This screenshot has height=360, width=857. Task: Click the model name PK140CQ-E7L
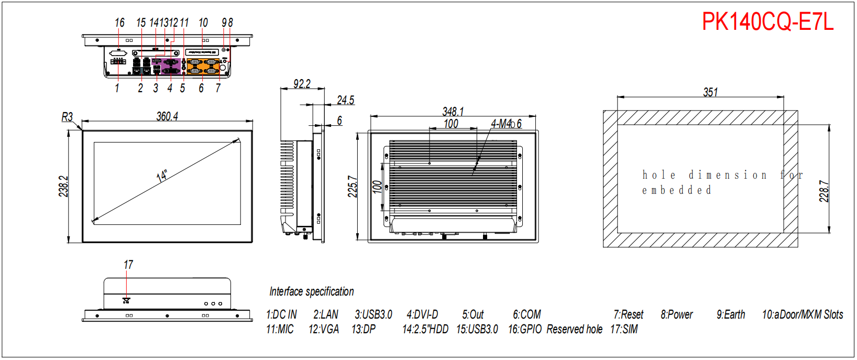767,22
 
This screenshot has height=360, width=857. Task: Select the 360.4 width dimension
167,116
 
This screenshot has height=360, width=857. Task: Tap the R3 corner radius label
67,117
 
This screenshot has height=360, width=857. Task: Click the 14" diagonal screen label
162,176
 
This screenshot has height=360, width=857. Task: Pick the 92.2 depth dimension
302,84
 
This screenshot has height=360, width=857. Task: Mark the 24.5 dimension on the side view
345,100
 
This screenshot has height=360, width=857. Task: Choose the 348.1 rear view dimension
453,112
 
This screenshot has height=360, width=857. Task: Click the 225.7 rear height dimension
353,187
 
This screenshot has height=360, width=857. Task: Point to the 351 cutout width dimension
710,92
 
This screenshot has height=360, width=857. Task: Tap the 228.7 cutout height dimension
825,191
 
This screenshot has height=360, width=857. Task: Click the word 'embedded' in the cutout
677,190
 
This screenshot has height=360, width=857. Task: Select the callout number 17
128,265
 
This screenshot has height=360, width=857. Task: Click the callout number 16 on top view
119,23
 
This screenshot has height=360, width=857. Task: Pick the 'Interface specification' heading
312,291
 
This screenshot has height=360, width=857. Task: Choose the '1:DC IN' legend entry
281,314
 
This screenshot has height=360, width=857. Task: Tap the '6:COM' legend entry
526,314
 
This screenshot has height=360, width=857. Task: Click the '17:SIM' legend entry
624,329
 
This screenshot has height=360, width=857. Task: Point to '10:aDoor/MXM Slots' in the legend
803,314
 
